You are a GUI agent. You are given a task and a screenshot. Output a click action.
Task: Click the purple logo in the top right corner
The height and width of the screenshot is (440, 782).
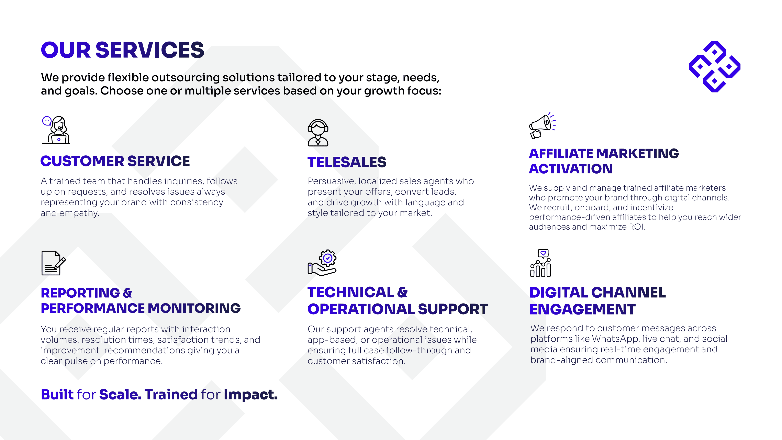pyautogui.click(x=714, y=66)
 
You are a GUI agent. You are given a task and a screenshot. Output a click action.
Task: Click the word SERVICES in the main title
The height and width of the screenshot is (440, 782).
pyautogui.click(x=150, y=50)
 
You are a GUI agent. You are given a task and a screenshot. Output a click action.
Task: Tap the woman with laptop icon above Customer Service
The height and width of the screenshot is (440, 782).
pyautogui.click(x=56, y=130)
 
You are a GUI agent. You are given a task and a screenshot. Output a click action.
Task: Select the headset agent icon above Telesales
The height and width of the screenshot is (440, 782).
pyautogui.click(x=318, y=133)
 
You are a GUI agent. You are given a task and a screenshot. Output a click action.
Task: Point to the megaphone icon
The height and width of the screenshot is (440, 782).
pyautogui.click(x=542, y=126)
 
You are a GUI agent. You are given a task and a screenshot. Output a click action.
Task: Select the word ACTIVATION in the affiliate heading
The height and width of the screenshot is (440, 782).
pyautogui.click(x=571, y=169)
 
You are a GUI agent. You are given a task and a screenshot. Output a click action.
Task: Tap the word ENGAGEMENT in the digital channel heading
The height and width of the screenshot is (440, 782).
pyautogui.click(x=582, y=309)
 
